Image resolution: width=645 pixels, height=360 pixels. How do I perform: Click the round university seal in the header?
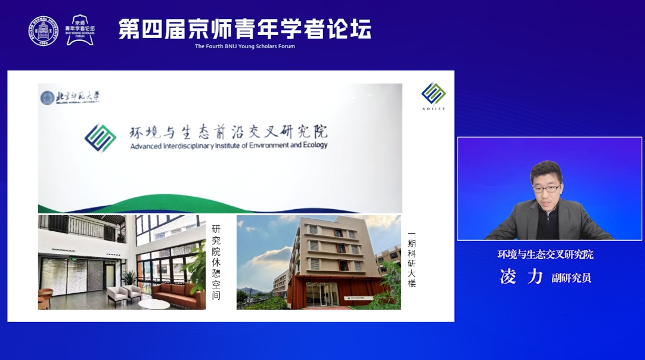point(44,30)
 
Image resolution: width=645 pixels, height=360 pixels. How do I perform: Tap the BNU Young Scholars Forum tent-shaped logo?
point(80,30)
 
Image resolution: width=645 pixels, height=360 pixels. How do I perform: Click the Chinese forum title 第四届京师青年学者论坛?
point(244,29)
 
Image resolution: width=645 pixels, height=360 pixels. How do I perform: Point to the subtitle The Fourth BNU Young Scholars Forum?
point(244,46)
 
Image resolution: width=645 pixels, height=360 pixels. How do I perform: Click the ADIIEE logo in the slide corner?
point(433,96)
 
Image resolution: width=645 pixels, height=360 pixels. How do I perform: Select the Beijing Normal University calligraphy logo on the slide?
point(70,97)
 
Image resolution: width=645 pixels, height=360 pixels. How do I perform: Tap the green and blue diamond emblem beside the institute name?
point(100,137)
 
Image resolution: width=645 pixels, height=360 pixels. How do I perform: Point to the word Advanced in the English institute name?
point(145,145)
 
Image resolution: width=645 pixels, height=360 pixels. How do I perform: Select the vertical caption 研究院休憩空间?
point(216,262)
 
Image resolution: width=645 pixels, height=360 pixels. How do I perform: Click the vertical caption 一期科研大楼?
point(411,259)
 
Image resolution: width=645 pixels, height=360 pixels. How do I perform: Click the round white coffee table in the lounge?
point(153,305)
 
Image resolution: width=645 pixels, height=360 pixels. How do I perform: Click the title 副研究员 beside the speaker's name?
point(571,278)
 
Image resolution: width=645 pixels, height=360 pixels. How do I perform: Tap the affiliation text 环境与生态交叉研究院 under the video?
point(545,255)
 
